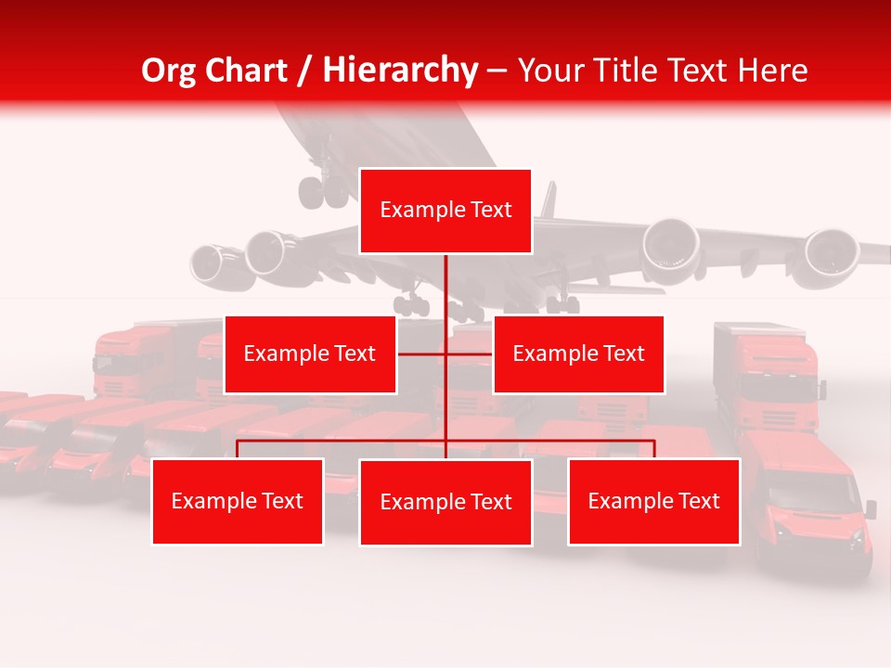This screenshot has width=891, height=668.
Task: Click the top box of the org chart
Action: pos(445,211)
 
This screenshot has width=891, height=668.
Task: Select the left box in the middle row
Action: pos(310,353)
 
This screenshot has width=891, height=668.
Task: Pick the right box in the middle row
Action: pos(578,353)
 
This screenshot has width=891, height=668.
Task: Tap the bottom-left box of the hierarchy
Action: pos(238,501)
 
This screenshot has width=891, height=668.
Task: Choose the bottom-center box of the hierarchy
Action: pos(445,502)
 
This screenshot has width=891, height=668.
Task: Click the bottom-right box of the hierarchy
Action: pos(653,501)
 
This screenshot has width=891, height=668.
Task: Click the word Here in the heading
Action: pos(772,70)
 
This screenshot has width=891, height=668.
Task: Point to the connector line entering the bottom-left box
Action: pos(238,449)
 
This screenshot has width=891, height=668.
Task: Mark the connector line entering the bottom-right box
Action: pos(653,449)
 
